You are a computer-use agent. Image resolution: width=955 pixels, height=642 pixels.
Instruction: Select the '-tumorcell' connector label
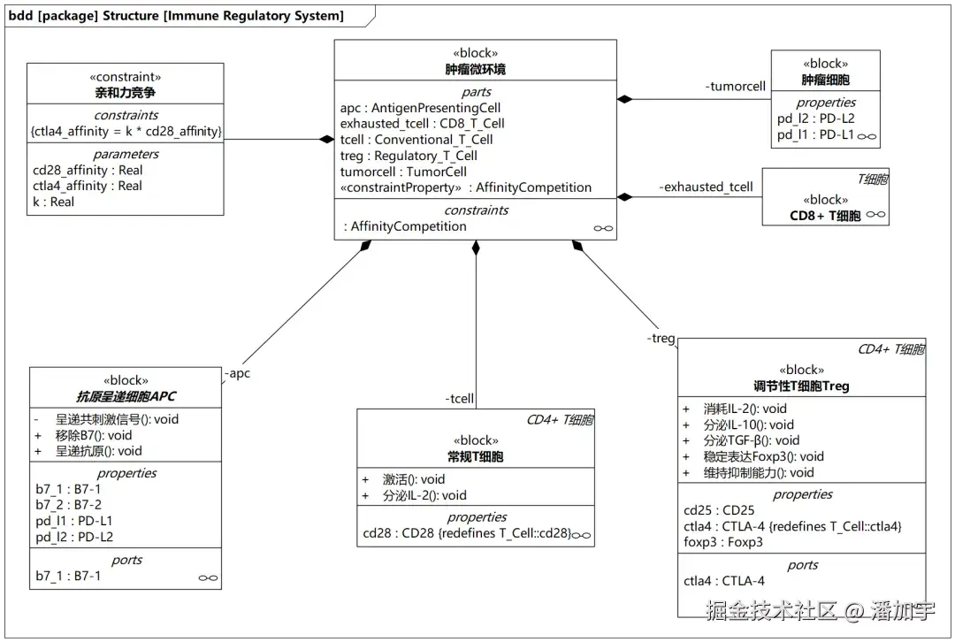click(x=735, y=87)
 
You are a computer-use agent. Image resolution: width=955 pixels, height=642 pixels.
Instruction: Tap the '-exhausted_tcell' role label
click(x=706, y=187)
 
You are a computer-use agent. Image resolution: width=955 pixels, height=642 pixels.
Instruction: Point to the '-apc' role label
click(x=237, y=373)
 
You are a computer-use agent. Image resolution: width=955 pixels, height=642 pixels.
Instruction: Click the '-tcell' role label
click(x=459, y=399)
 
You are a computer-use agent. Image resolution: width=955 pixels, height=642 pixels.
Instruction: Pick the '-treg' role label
click(x=661, y=338)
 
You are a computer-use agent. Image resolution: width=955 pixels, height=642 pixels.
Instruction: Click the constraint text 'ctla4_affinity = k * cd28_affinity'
click(x=126, y=132)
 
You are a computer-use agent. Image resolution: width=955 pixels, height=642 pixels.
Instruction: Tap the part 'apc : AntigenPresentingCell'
click(x=420, y=108)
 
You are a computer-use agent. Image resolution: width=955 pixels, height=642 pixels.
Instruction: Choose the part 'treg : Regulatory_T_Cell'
click(x=409, y=156)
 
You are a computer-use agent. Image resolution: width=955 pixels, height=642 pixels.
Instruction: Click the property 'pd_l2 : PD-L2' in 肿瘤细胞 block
click(x=815, y=118)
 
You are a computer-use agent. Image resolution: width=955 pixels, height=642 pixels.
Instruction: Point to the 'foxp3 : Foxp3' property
click(x=723, y=542)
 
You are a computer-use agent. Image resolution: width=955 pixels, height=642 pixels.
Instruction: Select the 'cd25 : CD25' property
click(x=719, y=510)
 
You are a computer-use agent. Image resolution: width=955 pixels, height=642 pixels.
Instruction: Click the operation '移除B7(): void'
click(x=94, y=435)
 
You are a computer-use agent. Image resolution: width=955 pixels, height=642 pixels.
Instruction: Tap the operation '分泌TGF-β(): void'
click(x=751, y=441)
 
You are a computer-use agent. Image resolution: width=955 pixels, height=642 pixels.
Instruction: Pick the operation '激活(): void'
click(x=414, y=479)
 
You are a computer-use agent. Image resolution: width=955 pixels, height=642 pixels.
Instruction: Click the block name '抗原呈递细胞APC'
click(x=126, y=396)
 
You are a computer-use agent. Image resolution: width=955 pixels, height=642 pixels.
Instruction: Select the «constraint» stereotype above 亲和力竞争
click(x=126, y=77)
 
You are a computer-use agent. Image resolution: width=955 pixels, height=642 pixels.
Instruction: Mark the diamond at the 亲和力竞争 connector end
click(x=327, y=140)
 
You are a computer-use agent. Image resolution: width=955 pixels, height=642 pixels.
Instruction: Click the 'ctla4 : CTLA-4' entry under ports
click(x=724, y=581)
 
